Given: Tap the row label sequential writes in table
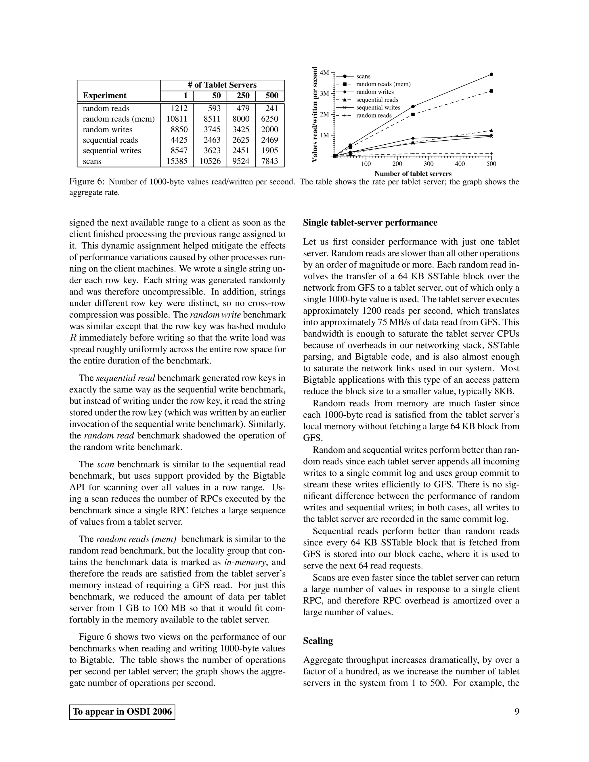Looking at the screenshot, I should tap(112, 151).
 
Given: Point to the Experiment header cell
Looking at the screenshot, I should tap(104, 95).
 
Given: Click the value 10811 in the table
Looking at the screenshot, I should tap(177, 119).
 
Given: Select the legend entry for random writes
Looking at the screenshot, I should tap(375, 92).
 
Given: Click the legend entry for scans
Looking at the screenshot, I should tap(363, 76).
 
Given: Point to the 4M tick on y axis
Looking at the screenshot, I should tap(324, 72).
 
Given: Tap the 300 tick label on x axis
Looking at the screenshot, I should tap(429, 164).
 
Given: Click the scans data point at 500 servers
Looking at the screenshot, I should tap(491, 74).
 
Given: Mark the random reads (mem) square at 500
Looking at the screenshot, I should tap(491, 91).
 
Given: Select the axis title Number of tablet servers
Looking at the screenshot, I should tap(413, 174).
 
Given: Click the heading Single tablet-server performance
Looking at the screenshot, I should tap(370, 223).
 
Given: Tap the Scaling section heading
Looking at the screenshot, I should tap(318, 641).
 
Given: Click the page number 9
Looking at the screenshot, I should tap(517, 711).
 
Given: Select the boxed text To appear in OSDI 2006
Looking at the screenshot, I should tap(122, 712).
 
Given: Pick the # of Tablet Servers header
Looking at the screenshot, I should tap(222, 85).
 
